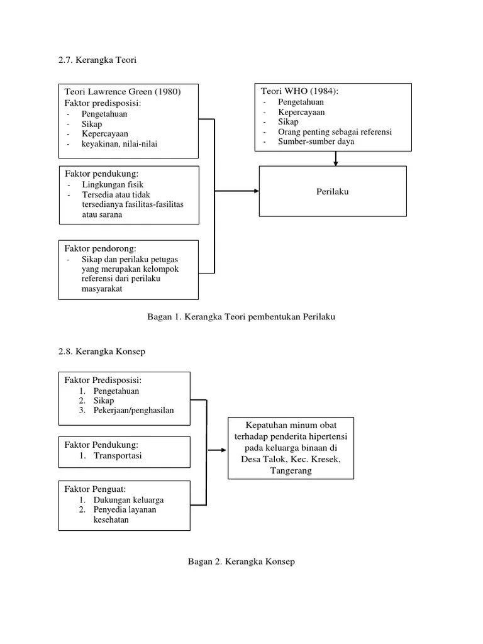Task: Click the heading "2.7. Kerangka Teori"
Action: [97, 60]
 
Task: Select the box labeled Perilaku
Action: [333, 192]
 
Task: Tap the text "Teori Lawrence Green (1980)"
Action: [123, 92]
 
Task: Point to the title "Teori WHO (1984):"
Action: [299, 91]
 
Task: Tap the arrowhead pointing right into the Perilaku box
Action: [255, 191]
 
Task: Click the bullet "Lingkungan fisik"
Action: [112, 185]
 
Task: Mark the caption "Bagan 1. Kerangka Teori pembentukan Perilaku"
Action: [241, 317]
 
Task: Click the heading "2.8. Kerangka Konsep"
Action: [101, 352]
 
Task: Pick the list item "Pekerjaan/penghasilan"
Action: [133, 411]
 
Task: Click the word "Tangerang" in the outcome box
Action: [290, 471]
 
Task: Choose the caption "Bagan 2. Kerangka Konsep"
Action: [241, 562]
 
